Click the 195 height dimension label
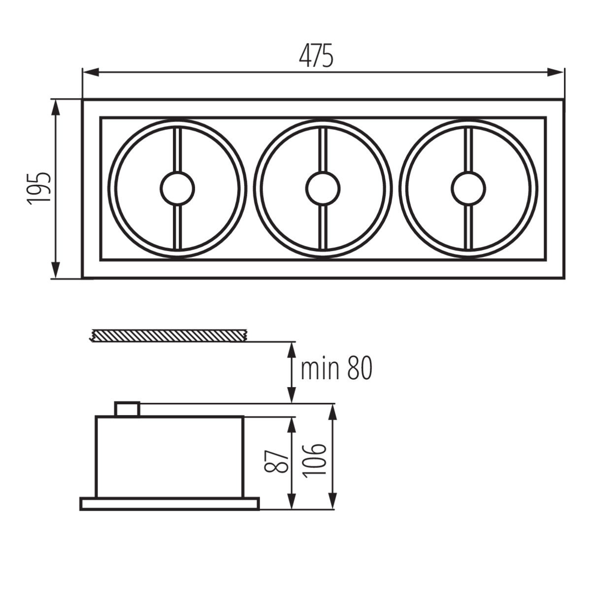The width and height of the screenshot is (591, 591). pos(39,189)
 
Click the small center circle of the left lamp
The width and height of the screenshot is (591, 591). pos(178,188)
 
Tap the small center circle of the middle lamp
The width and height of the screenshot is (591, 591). pos(323,188)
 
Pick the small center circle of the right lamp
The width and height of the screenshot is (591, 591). pos(468,188)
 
